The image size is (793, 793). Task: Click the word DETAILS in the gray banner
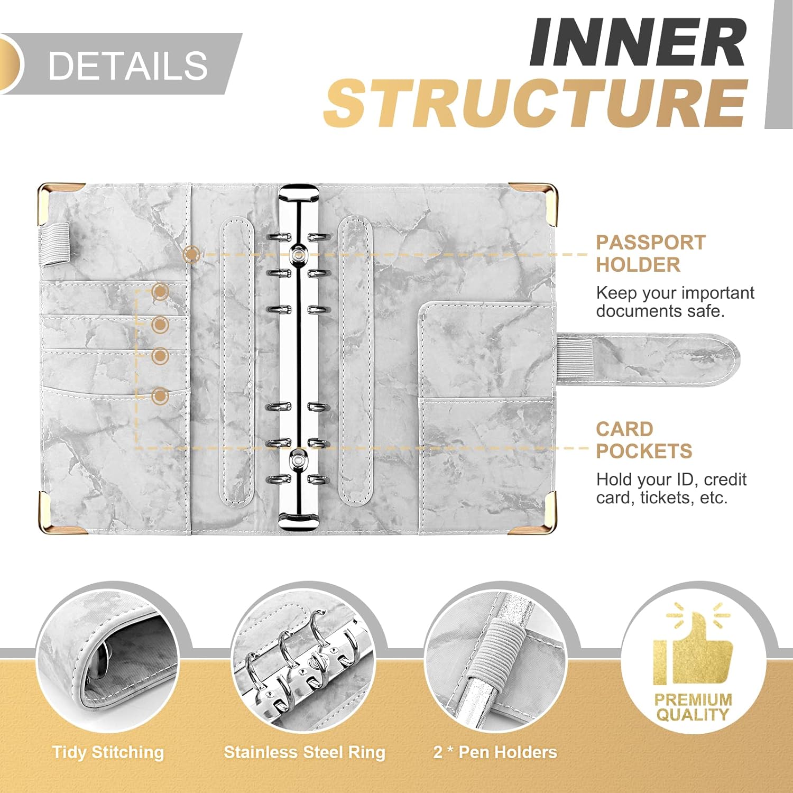click(x=127, y=66)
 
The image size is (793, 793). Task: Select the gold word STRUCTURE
click(x=536, y=103)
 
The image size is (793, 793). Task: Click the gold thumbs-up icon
click(x=693, y=649)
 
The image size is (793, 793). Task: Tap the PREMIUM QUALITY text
click(x=693, y=707)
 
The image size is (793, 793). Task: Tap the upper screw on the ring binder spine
click(x=299, y=254)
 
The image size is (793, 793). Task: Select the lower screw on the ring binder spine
click(x=299, y=461)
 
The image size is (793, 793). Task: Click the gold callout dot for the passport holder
click(x=191, y=255)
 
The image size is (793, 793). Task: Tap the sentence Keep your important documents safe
click(x=675, y=302)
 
